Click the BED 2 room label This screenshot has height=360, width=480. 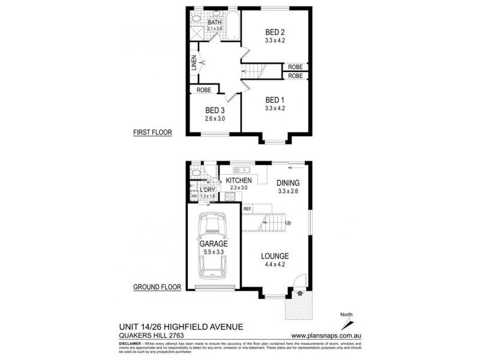(x=275, y=32)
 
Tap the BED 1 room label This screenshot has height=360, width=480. (x=275, y=100)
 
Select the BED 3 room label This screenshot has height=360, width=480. (x=215, y=110)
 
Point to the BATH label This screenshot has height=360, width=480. (x=215, y=22)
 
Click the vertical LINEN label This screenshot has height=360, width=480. (x=194, y=63)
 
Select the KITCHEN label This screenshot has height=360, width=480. (x=239, y=181)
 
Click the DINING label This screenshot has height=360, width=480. (x=289, y=183)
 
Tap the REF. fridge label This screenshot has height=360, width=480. (x=247, y=209)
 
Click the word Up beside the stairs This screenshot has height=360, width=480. (x=289, y=223)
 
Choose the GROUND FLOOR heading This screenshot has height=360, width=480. (x=157, y=287)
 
